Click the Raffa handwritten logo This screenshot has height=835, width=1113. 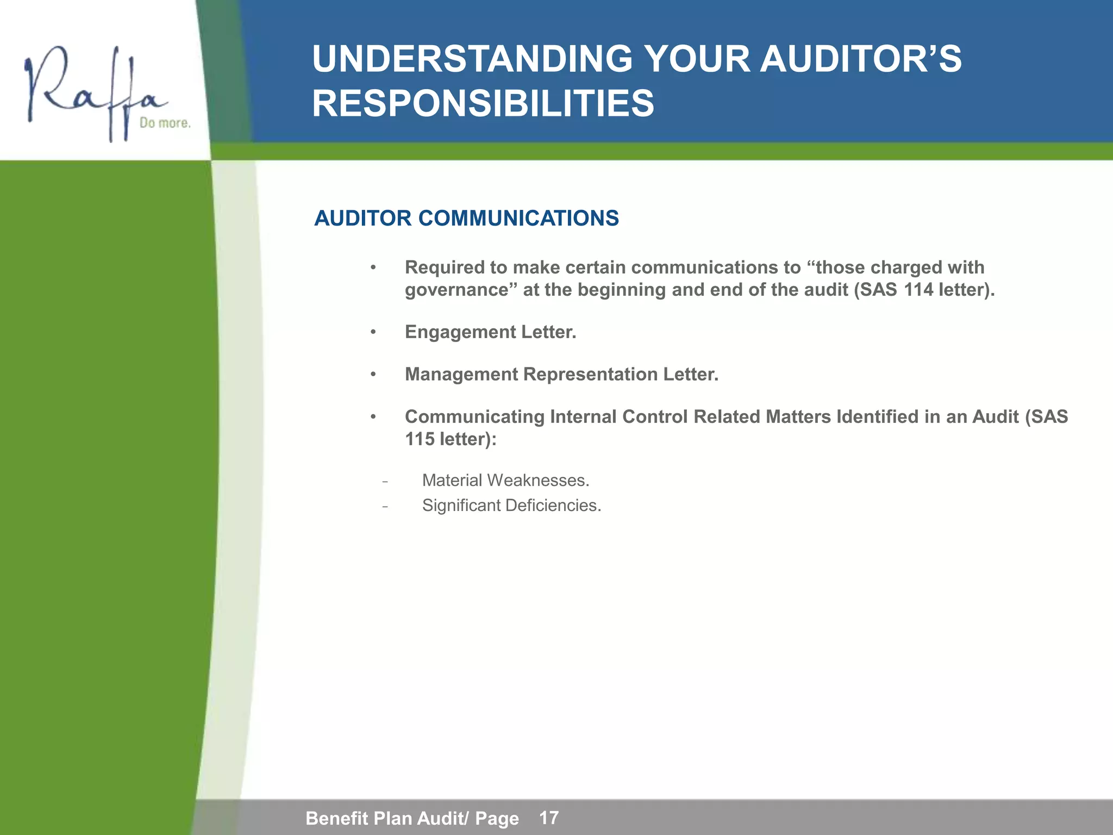point(92,90)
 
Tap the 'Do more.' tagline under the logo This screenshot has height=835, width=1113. point(165,123)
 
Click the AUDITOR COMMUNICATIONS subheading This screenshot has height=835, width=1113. point(466,219)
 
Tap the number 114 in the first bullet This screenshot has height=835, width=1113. point(918,290)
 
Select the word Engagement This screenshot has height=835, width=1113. point(460,332)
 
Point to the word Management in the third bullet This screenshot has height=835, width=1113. point(461,375)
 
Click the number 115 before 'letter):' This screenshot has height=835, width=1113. point(420,439)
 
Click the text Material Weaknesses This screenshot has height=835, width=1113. point(505,481)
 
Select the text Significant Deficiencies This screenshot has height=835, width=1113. point(511,506)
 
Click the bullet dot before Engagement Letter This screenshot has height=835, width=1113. point(373,332)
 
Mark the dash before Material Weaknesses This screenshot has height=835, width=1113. point(385,482)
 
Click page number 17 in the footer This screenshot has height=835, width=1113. point(549,818)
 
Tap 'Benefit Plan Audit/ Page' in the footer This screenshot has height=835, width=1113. point(412,818)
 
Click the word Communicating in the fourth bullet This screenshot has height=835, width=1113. point(474,417)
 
